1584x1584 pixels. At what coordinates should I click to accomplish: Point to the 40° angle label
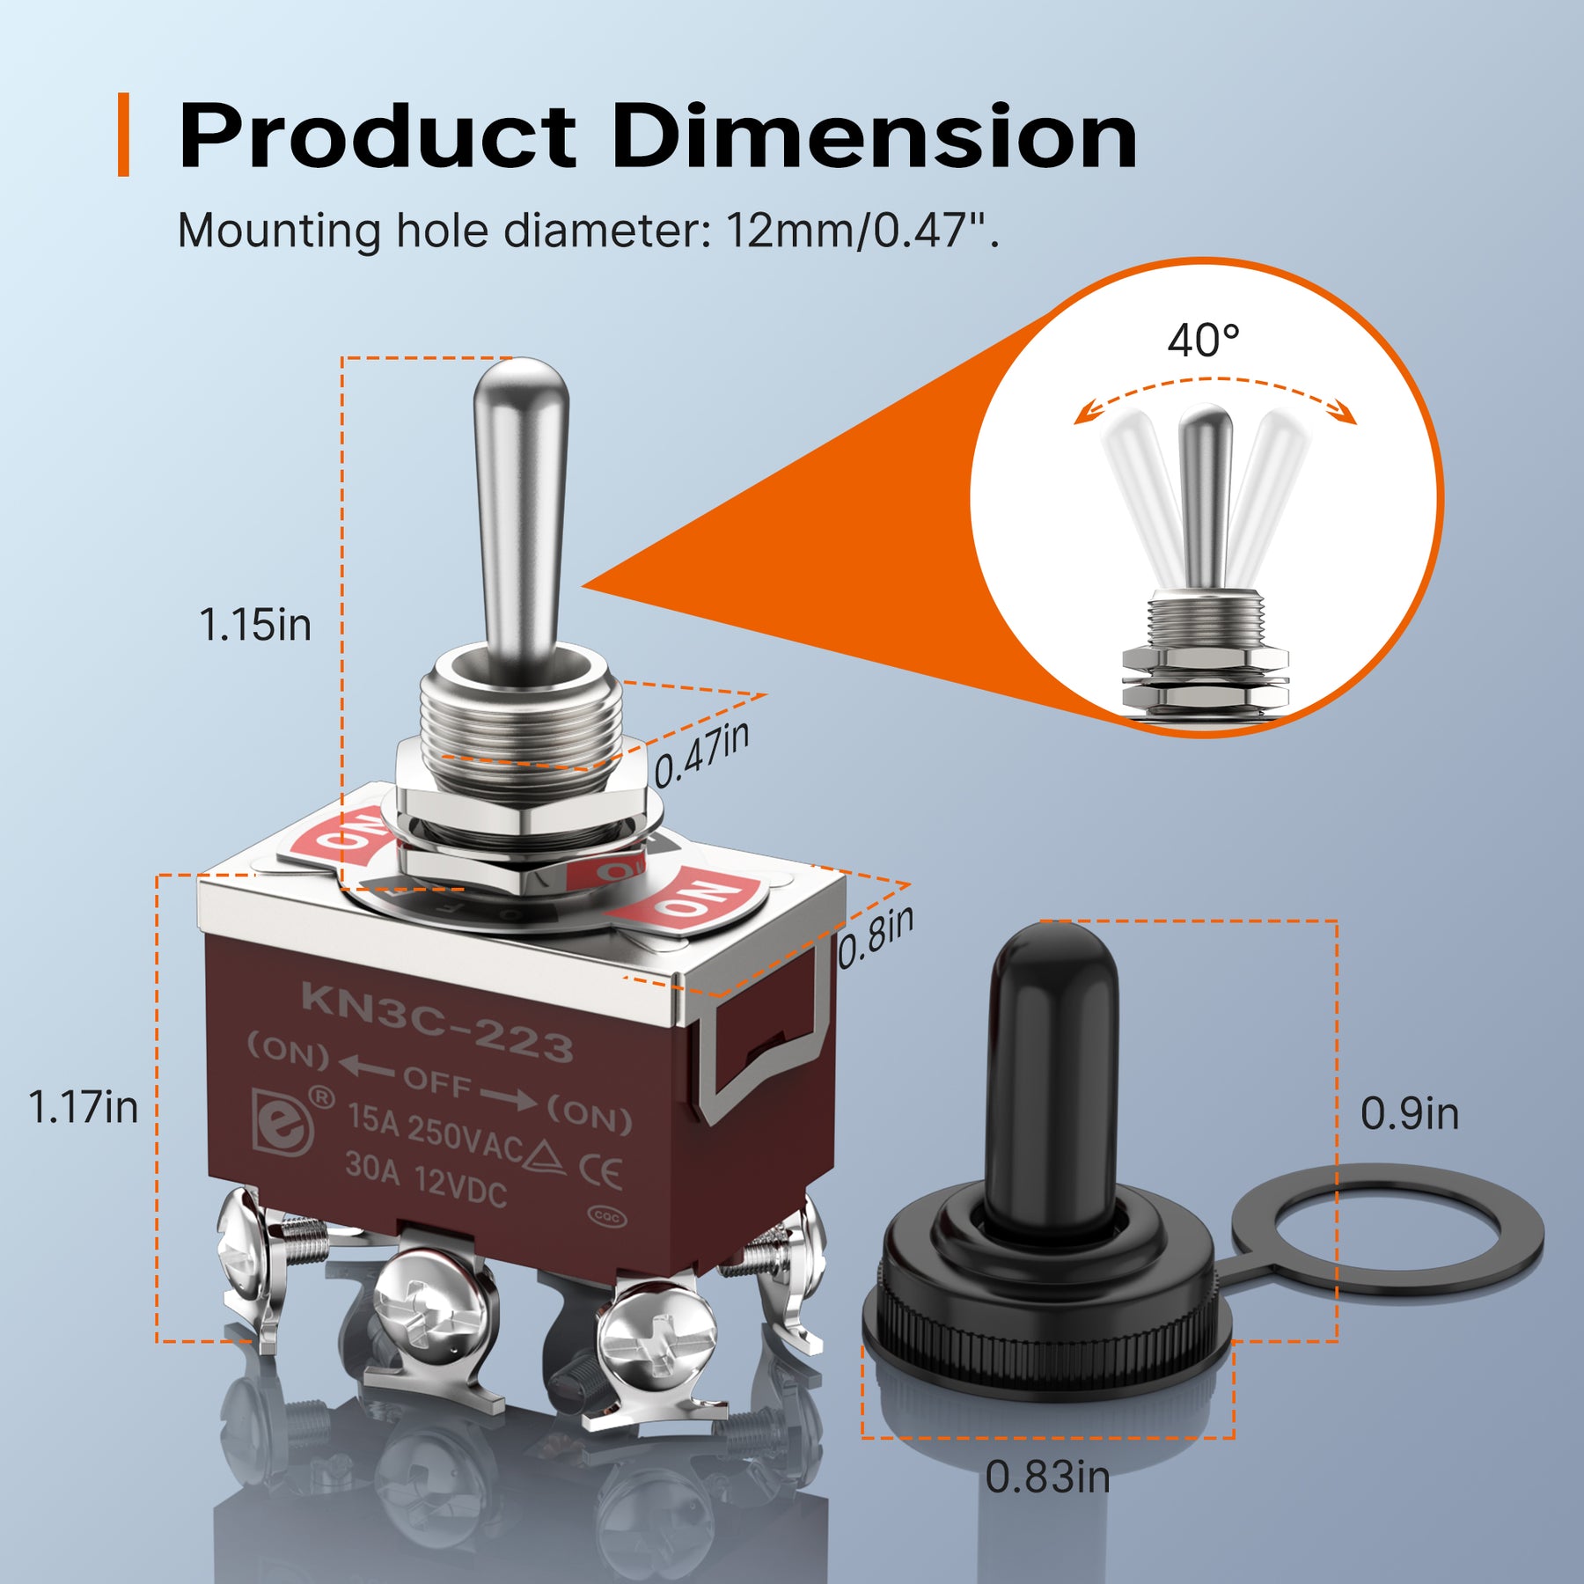[x=1203, y=340]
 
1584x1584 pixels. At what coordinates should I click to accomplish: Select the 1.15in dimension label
[x=255, y=625]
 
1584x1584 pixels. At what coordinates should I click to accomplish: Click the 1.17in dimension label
[x=84, y=1106]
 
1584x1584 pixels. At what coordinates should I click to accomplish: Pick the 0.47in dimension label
[x=701, y=755]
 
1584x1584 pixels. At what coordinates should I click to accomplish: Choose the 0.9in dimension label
[x=1409, y=1113]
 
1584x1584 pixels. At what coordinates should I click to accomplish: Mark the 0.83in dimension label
[x=1047, y=1476]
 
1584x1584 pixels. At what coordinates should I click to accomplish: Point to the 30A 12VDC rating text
[x=426, y=1179]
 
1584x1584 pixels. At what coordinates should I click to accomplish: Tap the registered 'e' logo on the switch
[x=283, y=1120]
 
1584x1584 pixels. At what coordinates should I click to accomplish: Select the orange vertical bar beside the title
[x=124, y=135]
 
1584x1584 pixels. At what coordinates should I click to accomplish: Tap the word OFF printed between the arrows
[x=437, y=1082]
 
